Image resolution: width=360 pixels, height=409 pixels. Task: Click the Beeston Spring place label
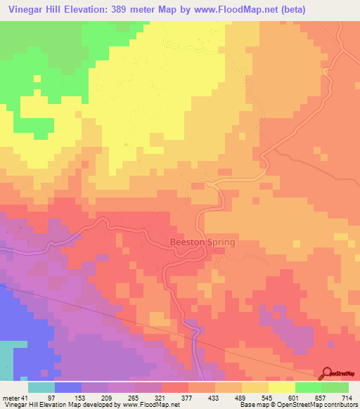(202, 242)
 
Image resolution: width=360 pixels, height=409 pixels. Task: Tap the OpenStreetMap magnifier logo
(328, 374)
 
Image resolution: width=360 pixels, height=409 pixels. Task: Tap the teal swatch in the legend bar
(41, 387)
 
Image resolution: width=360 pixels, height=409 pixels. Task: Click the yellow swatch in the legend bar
(281, 387)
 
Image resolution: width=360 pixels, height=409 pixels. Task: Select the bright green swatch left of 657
(308, 387)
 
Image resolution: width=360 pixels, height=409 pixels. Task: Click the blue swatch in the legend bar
(68, 387)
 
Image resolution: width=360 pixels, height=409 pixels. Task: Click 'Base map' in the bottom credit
(251, 405)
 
